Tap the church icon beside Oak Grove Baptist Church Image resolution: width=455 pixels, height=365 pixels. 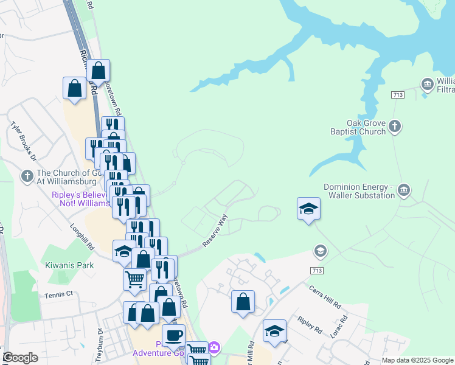pyautogui.click(x=395, y=127)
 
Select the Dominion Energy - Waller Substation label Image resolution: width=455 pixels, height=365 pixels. pyautogui.click(x=359, y=191)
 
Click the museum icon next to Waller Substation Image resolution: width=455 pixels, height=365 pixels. pyautogui.click(x=403, y=192)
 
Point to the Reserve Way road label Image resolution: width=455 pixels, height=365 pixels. pyautogui.click(x=214, y=230)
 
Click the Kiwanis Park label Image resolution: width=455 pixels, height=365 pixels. pyautogui.click(x=69, y=265)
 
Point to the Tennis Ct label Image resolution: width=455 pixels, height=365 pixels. pyautogui.click(x=58, y=294)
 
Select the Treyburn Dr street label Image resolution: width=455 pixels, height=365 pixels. pyautogui.click(x=100, y=344)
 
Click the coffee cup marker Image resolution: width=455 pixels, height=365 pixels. pyautogui.click(x=173, y=335)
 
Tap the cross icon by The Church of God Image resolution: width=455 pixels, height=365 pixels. pyautogui.click(x=26, y=176)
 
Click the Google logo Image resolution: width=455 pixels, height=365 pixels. pyautogui.click(x=20, y=358)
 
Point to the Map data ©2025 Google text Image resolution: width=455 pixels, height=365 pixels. pyautogui.click(x=417, y=360)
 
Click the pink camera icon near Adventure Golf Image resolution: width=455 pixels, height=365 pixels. pyautogui.click(x=214, y=348)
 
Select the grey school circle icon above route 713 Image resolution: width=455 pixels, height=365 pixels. pyautogui.click(x=320, y=251)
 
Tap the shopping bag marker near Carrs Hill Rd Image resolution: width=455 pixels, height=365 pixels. pyautogui.click(x=243, y=301)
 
